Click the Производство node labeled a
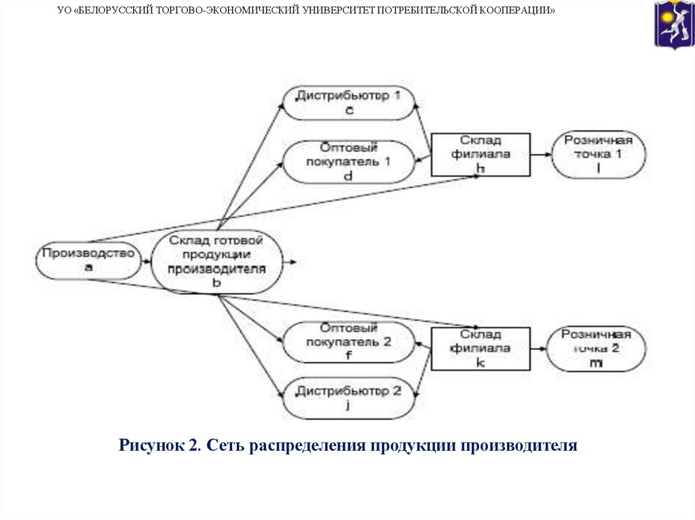click(x=88, y=260)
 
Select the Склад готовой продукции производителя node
click(x=217, y=262)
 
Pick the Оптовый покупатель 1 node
click(x=349, y=161)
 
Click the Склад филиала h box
click(x=481, y=154)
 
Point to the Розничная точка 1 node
click(x=598, y=155)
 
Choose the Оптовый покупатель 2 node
click(x=348, y=343)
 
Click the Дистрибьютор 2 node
click(x=349, y=399)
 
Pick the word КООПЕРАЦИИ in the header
click(x=522, y=12)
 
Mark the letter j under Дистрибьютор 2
click(x=347, y=405)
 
